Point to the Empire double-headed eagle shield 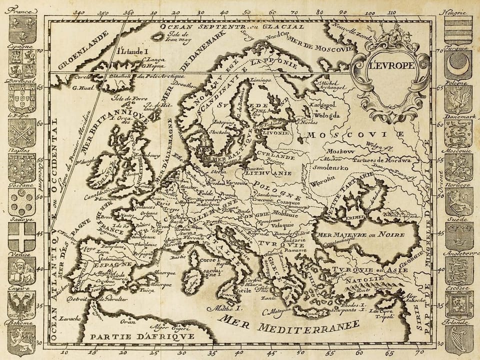pyautogui.click(x=22, y=305)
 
